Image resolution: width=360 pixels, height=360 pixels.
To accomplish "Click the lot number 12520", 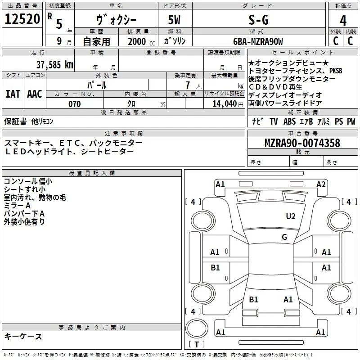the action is (22, 19).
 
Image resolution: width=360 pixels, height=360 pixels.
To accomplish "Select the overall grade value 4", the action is (343, 20).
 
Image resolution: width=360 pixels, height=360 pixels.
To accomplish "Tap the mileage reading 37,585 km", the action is (54, 64).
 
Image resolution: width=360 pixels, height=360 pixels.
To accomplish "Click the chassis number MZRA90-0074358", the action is (302, 143).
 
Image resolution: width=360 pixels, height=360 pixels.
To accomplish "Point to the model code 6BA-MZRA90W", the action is (258, 41).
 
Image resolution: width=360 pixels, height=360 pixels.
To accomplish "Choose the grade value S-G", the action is (258, 20).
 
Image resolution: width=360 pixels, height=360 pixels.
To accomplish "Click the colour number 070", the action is (75, 104).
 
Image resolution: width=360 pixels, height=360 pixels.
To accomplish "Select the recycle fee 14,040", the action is (224, 104).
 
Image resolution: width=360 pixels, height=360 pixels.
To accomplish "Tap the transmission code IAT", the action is (13, 94).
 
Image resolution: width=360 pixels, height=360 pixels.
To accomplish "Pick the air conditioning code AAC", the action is (35, 94).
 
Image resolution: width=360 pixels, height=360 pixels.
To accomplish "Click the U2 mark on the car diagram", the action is (291, 216).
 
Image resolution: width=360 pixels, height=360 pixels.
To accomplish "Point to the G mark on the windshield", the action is (284, 237).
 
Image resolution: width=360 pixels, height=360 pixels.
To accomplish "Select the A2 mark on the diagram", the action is (321, 184).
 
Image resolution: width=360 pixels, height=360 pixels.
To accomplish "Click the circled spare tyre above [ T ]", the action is (197, 328).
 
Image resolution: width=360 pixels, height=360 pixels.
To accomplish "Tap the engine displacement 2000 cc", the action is (141, 42).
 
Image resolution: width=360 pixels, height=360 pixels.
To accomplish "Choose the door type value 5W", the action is (174, 20).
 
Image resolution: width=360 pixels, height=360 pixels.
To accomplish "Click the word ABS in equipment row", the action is (289, 121).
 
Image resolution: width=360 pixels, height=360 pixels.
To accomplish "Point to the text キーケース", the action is (23, 336).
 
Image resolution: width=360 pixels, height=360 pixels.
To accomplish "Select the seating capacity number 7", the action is (188, 85).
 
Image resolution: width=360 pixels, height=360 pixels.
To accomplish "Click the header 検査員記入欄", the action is (92, 173).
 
